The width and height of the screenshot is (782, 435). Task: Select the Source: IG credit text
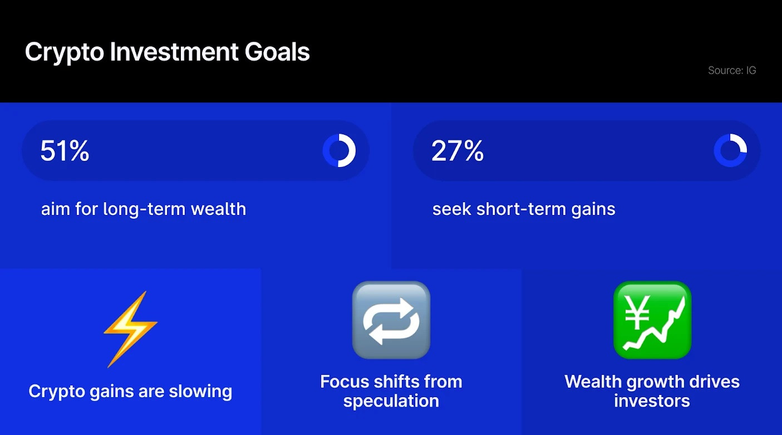point(731,71)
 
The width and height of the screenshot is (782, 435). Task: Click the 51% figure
point(65,151)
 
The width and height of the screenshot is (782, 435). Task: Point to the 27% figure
point(457,151)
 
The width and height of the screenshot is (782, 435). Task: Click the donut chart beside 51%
point(339,151)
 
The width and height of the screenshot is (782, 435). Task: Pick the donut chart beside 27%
point(730,151)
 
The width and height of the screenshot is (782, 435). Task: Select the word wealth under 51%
point(218,209)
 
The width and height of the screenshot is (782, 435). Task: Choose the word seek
point(451,209)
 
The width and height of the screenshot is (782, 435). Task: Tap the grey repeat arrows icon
point(391,320)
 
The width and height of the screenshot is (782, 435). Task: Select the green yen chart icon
point(652,320)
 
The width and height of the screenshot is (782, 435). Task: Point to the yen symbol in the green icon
point(635,310)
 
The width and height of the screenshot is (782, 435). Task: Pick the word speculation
point(391,401)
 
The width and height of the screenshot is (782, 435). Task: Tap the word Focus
point(345,382)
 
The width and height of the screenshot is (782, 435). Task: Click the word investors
point(652,401)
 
